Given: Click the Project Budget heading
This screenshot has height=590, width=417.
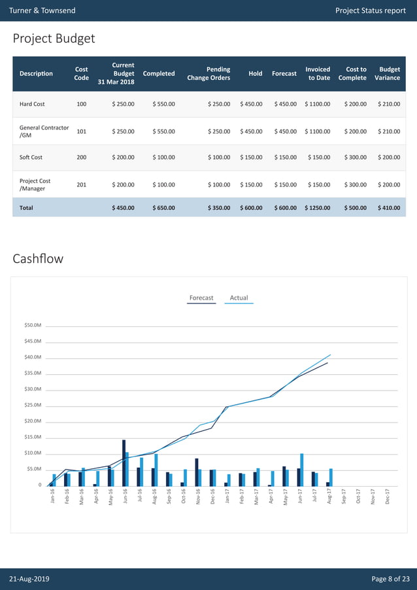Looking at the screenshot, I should [54, 39].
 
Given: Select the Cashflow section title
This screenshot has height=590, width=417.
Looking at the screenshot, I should [38, 258].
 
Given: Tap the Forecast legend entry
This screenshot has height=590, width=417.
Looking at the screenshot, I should [201, 298].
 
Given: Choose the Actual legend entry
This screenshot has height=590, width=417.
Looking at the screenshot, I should [239, 298].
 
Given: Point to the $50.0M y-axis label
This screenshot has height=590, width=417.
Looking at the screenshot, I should [33, 325].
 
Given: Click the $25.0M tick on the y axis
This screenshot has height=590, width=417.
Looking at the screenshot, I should [33, 406].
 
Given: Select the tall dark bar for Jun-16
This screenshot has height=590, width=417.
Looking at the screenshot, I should [124, 462].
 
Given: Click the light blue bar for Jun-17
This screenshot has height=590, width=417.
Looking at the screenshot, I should [302, 470].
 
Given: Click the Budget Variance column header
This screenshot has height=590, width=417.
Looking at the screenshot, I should [390, 73].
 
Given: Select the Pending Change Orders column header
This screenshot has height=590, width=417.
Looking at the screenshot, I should [208, 73].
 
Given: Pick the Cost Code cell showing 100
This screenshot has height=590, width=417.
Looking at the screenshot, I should [82, 104].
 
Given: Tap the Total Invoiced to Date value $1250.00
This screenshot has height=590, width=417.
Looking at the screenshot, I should [317, 208].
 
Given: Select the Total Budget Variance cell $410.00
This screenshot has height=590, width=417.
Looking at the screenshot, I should [389, 208].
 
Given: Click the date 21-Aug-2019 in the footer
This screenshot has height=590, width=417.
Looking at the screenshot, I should [29, 580].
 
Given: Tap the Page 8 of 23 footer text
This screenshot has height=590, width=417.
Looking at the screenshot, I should [390, 580].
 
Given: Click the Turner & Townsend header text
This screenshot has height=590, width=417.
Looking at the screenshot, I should [42, 10].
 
